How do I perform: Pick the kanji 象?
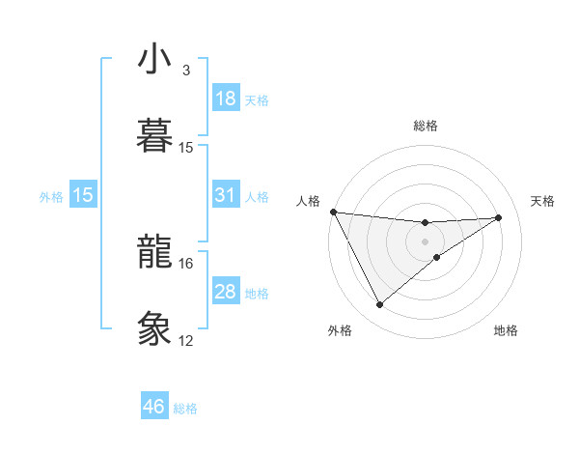pos(155,326)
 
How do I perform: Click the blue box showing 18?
pos(226,99)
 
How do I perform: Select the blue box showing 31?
pos(226,195)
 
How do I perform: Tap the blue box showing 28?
pos(226,292)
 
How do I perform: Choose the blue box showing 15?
pos(83,195)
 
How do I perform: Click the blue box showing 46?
pos(154,407)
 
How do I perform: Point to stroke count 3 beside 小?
pos(186,71)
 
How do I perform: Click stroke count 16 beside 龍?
pos(186,263)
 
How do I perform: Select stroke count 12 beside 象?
pos(186,340)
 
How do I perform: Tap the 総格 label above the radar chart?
pos(426,126)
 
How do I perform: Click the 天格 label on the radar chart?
pos(543,201)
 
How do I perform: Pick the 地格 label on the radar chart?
pos(506,330)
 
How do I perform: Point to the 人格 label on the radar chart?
pos(310,201)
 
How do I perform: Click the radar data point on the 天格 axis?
pos(499,217)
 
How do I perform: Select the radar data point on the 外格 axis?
pos(379,305)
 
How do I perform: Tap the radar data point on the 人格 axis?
pos(333,212)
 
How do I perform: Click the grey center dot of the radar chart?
pos(426,241)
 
